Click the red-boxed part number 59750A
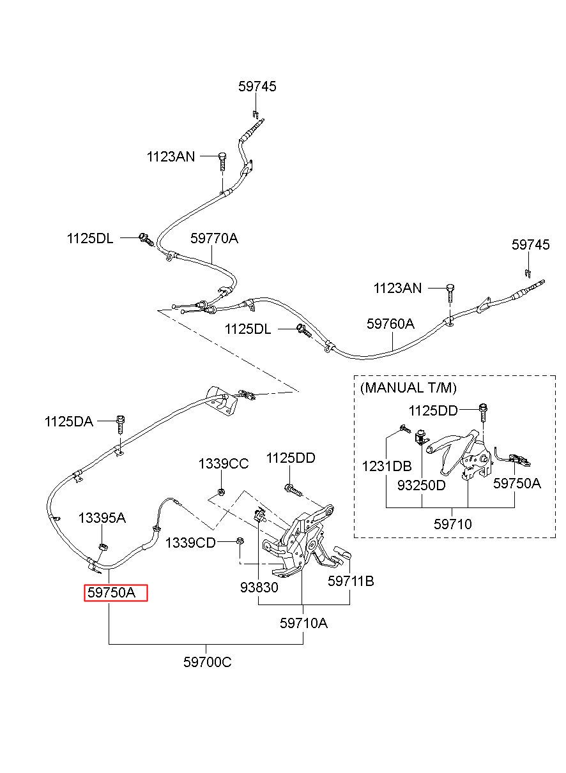[112, 592]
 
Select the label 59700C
[207, 662]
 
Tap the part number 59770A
[214, 238]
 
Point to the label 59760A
[390, 324]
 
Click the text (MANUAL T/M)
[408, 388]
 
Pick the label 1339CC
[223, 464]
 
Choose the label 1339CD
[190, 543]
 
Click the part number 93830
[259, 587]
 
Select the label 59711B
[351, 581]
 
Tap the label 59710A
[303, 623]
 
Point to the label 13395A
[102, 518]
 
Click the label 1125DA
[69, 421]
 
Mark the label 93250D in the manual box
[421, 485]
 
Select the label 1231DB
[386, 466]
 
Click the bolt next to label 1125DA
[121, 425]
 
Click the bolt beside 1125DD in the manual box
[483, 413]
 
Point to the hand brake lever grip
[438, 447]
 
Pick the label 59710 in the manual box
[452, 524]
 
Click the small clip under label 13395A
[103, 546]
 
